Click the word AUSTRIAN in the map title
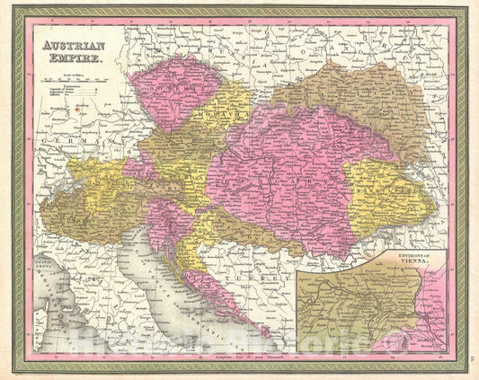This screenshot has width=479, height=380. (x=67, y=44)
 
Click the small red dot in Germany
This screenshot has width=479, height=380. (x=75, y=106)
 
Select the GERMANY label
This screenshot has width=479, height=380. (x=77, y=142)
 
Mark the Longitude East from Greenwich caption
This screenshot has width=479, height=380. (x=240, y=357)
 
